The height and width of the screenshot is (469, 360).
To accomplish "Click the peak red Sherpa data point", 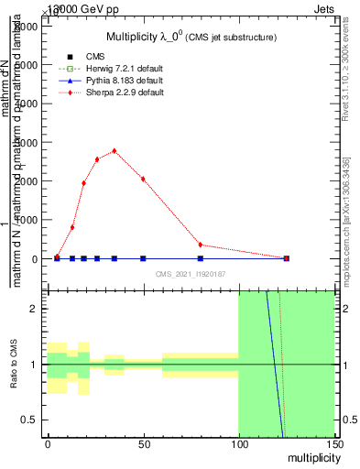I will [x=114, y=150].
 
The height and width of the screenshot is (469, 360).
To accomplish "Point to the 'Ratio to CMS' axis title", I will [x=14, y=365].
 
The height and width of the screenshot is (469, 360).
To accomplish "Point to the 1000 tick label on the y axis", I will [x=25, y=220].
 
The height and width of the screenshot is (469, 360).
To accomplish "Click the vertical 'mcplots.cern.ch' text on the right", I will [x=346, y=220].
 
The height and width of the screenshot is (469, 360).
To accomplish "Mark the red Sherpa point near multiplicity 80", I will [x=201, y=245].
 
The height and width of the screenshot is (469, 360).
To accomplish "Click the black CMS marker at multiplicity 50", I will [x=143, y=258].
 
